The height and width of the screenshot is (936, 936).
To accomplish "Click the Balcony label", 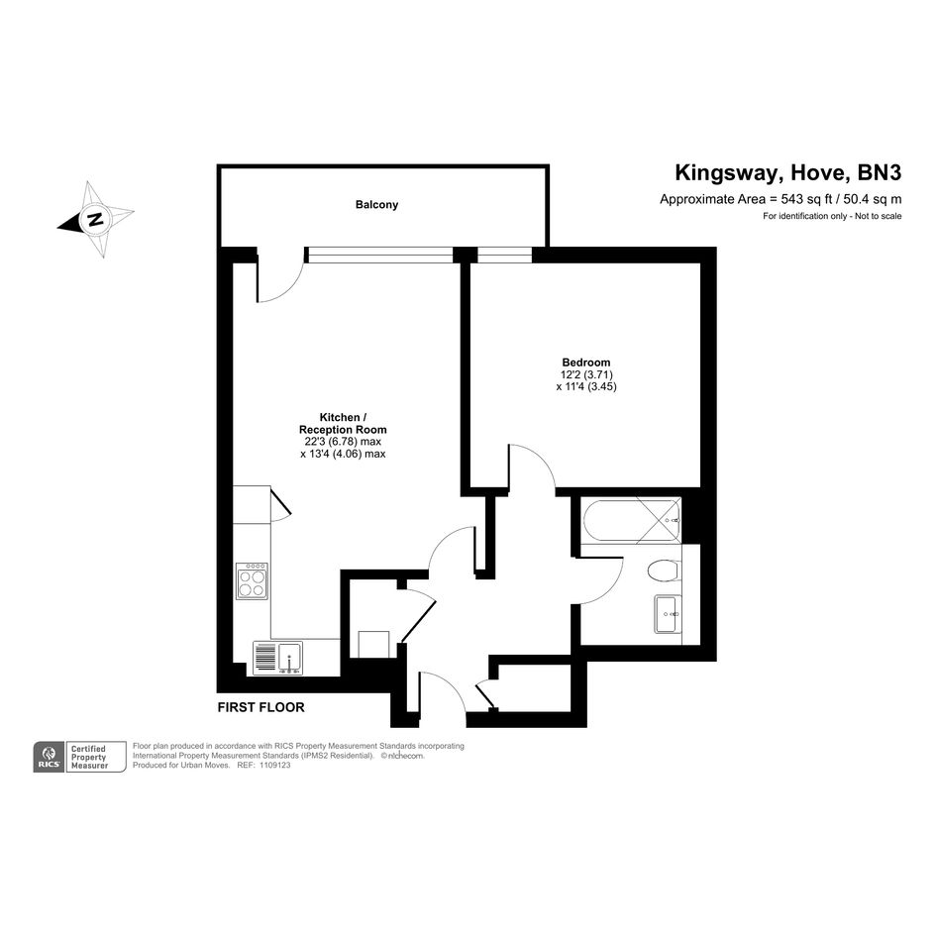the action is click(376, 205).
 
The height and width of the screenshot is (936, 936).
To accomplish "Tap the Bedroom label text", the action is click(586, 363).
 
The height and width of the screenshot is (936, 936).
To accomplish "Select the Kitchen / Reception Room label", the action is click(343, 423).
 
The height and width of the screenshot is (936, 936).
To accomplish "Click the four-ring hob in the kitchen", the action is click(252, 580).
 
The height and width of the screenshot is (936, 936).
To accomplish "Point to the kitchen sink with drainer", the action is click(277, 658).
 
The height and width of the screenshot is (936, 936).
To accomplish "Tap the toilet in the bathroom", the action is click(664, 571).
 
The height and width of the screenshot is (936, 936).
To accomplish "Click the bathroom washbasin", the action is click(668, 614).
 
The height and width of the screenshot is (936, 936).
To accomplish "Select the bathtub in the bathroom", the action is click(632, 521).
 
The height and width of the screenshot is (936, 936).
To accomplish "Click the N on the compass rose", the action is click(95, 219).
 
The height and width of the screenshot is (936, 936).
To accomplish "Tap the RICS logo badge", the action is click(49, 757).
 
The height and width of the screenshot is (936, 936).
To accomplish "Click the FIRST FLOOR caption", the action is click(260, 707).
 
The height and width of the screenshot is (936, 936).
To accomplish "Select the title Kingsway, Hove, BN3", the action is click(788, 172).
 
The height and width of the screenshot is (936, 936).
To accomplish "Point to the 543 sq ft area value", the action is click(806, 199).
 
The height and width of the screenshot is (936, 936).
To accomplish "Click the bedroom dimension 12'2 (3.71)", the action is click(586, 374).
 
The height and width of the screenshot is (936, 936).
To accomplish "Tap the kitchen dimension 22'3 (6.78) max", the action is click(343, 442).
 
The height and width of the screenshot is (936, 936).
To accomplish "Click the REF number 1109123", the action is click(275, 765).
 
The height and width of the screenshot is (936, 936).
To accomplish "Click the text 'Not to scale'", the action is click(879, 216).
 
